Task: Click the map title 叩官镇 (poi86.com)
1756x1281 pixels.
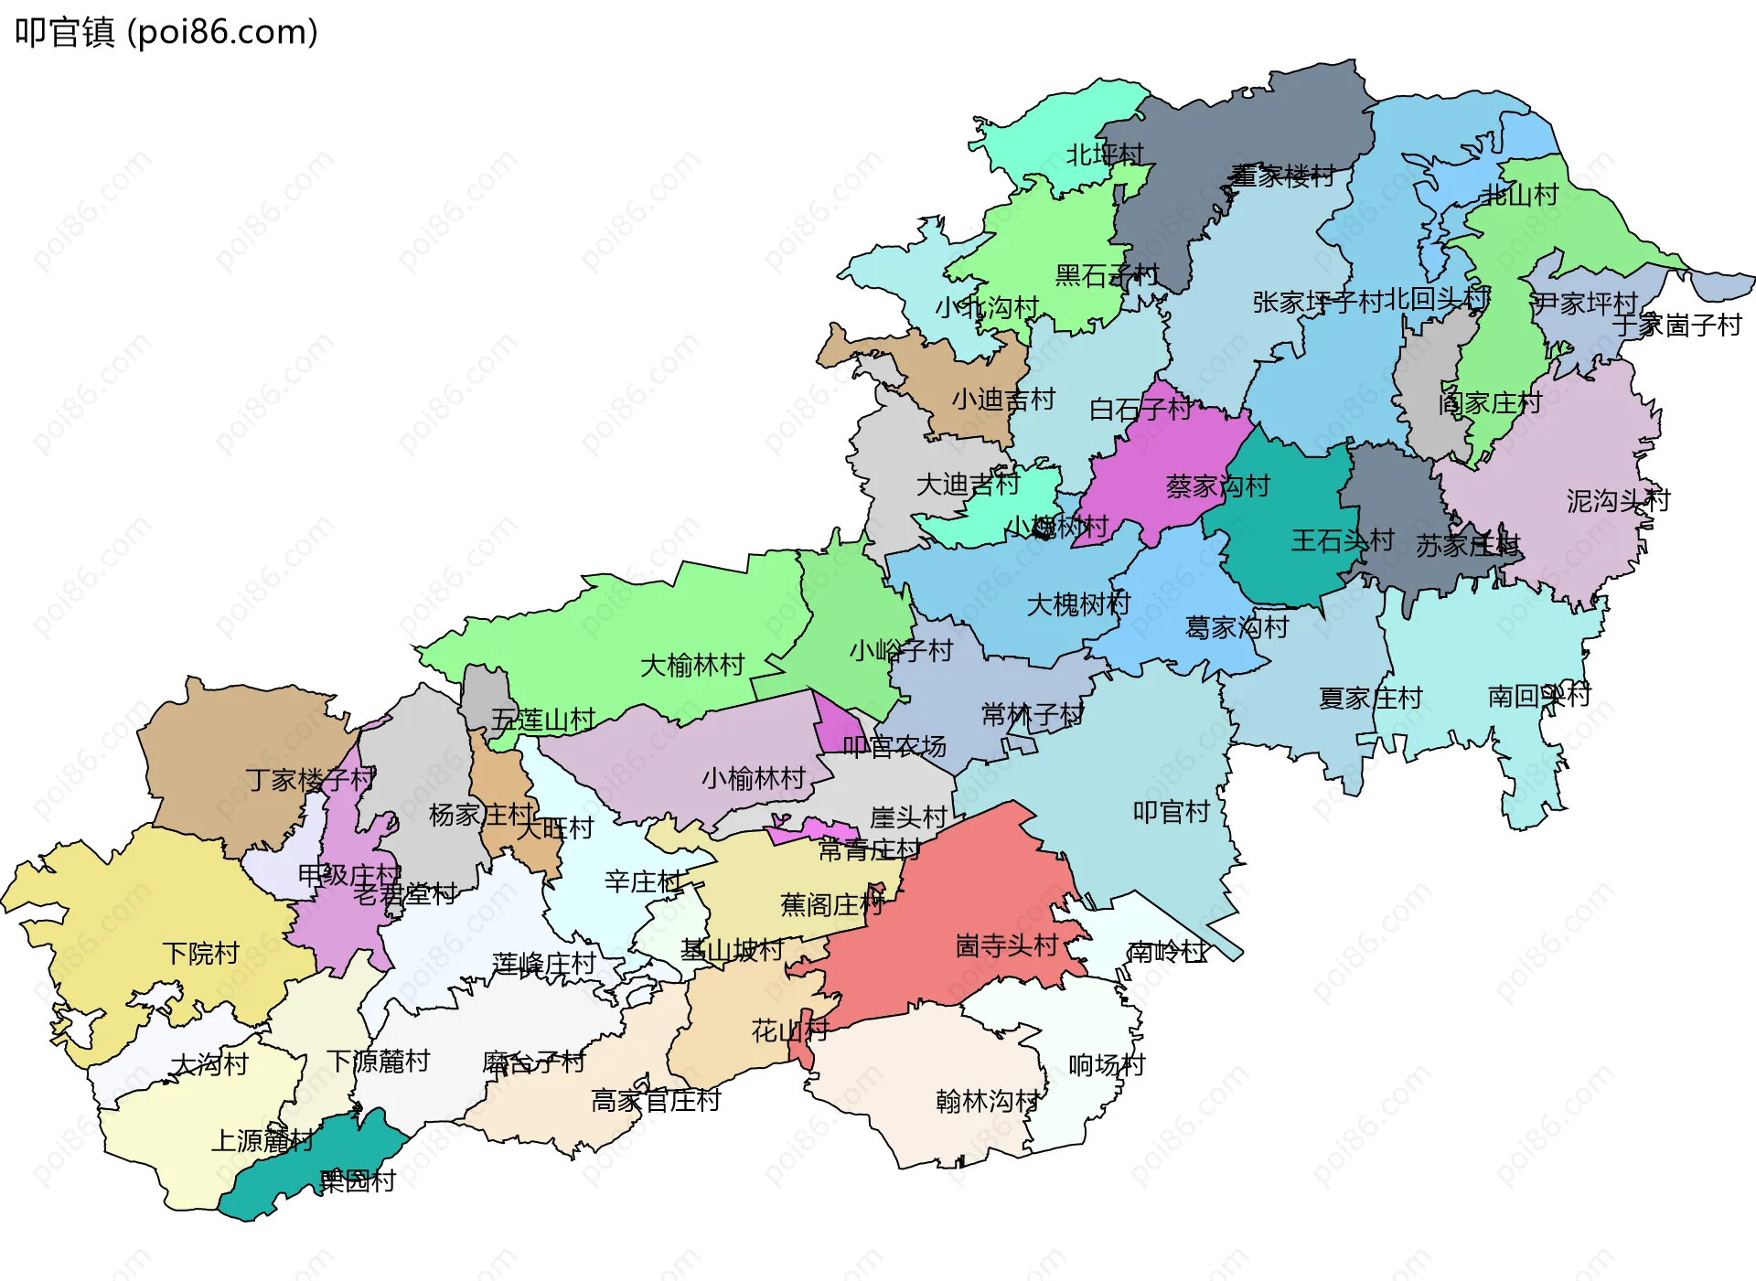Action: pos(166,32)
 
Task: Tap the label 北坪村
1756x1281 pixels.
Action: pos(1105,155)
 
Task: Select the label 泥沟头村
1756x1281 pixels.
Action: pos(1618,501)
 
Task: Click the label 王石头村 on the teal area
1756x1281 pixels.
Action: pos(1342,540)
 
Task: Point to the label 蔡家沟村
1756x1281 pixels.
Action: pos(1217,486)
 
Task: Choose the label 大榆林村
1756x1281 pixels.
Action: pos(692,666)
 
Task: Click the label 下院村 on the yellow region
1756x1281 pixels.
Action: pos(201,954)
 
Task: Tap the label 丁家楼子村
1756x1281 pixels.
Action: pos(310,780)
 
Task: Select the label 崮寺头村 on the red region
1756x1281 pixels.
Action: pos(1007,945)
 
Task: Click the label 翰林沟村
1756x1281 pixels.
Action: pos(988,1101)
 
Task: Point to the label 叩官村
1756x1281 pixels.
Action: pos(1172,812)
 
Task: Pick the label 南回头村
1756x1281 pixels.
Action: pos(1539,696)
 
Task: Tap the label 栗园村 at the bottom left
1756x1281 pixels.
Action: pos(358,1180)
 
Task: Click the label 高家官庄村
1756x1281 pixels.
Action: pos(656,1101)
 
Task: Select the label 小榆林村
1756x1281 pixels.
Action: pos(754,778)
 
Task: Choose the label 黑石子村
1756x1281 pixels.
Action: pos(1107,275)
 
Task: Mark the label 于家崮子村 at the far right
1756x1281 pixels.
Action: pos(1676,325)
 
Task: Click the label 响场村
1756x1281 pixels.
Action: pos(1107,1065)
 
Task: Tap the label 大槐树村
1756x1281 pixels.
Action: pos(1078,604)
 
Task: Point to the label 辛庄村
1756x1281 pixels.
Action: pos(643,881)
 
